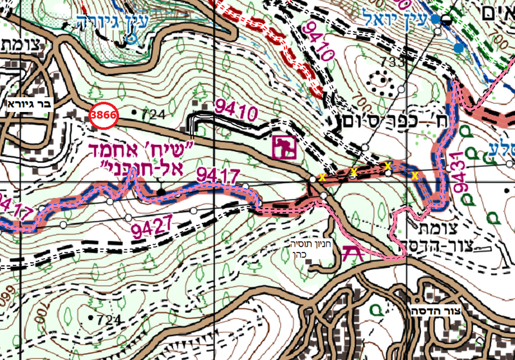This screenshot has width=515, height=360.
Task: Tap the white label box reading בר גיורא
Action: (x=28, y=102)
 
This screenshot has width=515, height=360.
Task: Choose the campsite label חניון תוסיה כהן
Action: (x=308, y=249)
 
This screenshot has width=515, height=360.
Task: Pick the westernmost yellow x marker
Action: (x=321, y=177)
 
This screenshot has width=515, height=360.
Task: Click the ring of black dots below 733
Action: (x=380, y=83)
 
